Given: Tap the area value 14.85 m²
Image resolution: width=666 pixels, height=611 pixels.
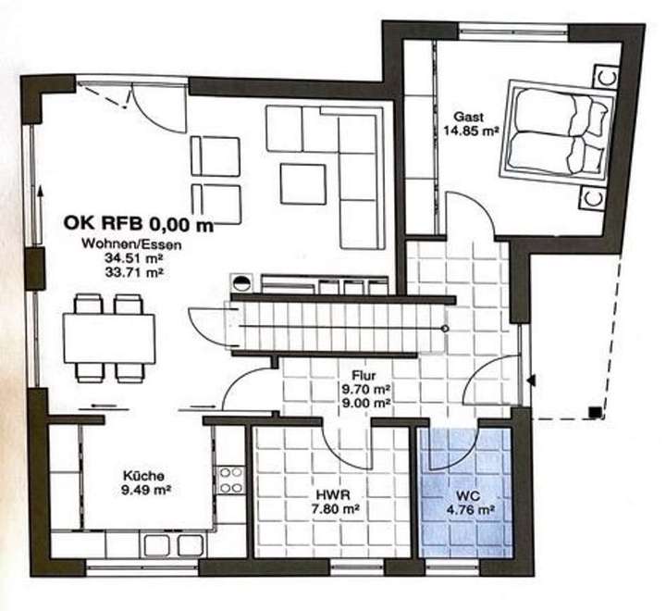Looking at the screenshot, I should [471, 131].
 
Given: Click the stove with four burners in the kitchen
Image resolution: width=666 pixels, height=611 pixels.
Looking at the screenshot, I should [229, 479].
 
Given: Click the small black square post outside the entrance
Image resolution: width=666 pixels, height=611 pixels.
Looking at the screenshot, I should [593, 410].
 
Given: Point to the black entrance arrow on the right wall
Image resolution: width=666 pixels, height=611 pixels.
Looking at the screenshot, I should [531, 380].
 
